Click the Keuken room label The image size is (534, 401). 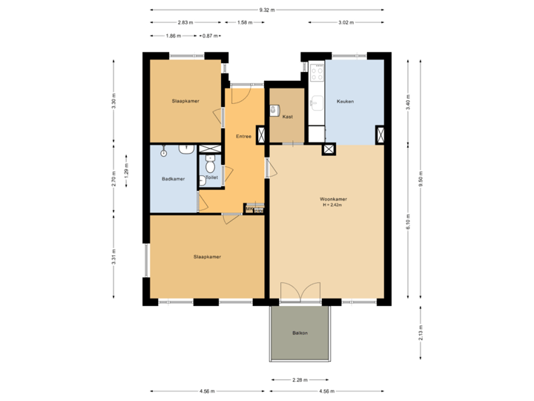[x=345, y=102]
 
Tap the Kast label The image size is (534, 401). [x=287, y=117]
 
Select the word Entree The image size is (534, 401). [x=243, y=136]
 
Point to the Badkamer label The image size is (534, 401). [x=173, y=179]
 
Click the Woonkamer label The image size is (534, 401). [x=334, y=200]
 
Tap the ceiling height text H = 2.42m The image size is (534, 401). [x=334, y=206]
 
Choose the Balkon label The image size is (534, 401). [x=300, y=333]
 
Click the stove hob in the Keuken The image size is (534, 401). [x=317, y=72]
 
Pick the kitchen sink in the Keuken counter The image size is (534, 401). [x=317, y=102]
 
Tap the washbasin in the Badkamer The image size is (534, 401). [x=185, y=149]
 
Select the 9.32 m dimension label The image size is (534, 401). [x=267, y=10]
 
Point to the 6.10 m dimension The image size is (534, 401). [x=407, y=222]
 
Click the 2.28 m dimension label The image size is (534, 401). [x=300, y=380]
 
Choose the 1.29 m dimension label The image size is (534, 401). [x=127, y=172]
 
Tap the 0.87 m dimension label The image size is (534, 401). [x=210, y=36]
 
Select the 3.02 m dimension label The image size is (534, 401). [x=345, y=22]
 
